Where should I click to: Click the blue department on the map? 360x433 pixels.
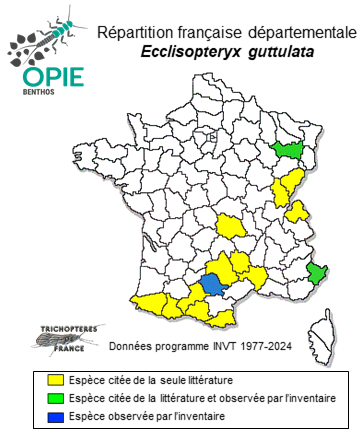click(211, 284)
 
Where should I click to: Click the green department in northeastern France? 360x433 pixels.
click(292, 149)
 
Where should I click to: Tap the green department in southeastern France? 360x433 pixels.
click(319, 273)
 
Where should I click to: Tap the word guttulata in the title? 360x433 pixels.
click(268, 51)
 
